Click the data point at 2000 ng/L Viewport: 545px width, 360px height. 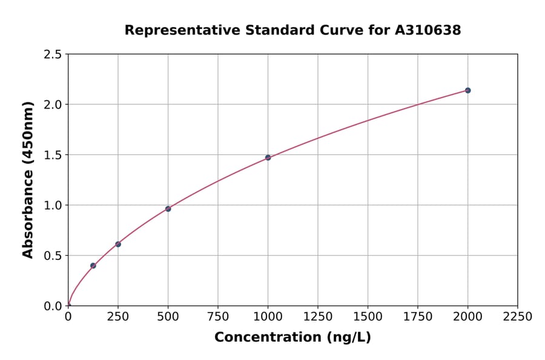[467, 90]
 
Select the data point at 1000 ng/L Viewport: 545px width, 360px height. [268, 158]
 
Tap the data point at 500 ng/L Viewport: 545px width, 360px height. [168, 209]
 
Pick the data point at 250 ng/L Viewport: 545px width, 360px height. [118, 244]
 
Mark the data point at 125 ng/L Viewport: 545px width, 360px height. [93, 265]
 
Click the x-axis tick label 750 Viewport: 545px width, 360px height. [218, 317]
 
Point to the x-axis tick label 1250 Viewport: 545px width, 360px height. [318, 317]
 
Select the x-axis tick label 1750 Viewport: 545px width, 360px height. [418, 317]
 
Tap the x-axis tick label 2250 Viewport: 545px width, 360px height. [517, 317]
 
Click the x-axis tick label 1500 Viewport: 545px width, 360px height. [368, 317]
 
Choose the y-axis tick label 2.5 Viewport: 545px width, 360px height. [53, 55]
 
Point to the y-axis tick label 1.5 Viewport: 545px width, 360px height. [53, 155]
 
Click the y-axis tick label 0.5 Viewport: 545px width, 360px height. [53, 256]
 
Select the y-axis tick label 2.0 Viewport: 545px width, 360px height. [53, 105]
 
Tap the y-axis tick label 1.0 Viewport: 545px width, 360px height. [53, 205]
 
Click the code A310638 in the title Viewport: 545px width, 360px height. [428, 30]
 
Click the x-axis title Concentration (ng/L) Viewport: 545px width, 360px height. [292, 337]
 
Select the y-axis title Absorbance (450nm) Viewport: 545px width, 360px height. [28, 180]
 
